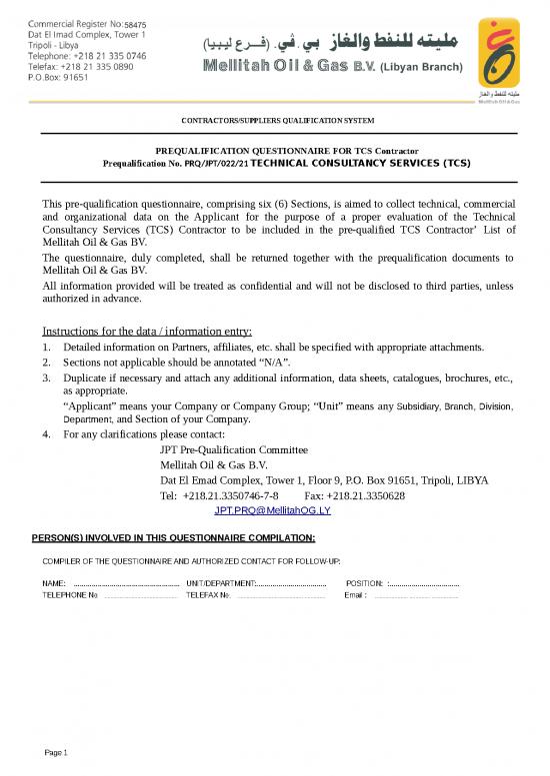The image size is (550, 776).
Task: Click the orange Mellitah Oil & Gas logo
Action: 498,55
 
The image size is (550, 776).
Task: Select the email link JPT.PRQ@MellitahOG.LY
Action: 272,510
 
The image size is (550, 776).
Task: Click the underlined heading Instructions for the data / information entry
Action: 147,332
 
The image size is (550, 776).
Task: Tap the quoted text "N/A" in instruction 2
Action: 275,363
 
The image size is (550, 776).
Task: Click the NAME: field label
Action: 54,582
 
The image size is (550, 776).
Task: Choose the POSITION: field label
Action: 364,582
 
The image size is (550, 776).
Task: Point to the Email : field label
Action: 355,595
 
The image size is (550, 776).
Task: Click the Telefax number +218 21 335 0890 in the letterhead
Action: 104,66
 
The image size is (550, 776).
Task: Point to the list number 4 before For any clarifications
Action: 46,434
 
